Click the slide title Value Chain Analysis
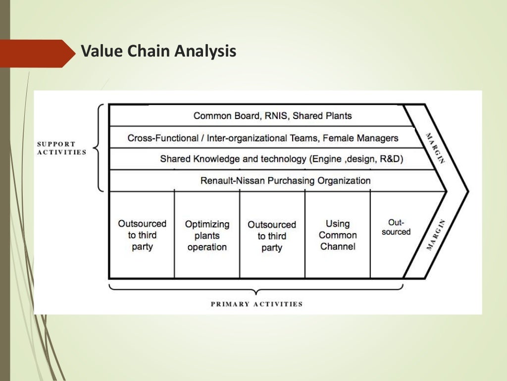tap(158, 51)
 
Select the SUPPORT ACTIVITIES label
tap(62, 148)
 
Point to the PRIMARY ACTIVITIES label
tap(256, 304)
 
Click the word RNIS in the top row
tap(275, 116)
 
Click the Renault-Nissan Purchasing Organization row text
tap(285, 181)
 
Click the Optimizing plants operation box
tap(207, 236)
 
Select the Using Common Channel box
tap(338, 235)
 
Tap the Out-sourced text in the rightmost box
tap(396, 228)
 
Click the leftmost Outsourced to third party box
tap(142, 235)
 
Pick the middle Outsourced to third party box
tap(272, 236)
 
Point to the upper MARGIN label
tap(436, 147)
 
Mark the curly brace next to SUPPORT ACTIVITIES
tap(99, 148)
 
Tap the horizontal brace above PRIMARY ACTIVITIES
tap(255, 290)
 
